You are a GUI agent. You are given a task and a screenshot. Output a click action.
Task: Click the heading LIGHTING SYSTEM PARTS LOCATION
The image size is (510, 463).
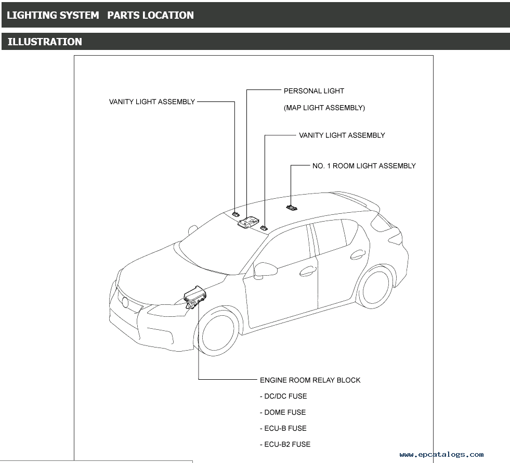pyautogui.click(x=100, y=15)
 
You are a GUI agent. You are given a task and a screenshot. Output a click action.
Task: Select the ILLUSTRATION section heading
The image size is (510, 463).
pyautogui.click(x=45, y=42)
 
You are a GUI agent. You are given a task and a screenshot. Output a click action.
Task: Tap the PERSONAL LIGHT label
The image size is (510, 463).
pyautogui.click(x=313, y=91)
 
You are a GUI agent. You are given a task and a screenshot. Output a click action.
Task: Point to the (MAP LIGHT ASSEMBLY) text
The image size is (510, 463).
pyautogui.click(x=324, y=108)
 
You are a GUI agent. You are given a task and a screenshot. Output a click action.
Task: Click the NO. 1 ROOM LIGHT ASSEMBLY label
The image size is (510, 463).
pyautogui.click(x=363, y=166)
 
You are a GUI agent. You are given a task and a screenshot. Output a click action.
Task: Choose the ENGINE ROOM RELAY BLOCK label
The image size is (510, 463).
pyautogui.click(x=310, y=380)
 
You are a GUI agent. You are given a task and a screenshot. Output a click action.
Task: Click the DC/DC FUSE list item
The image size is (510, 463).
pyautogui.click(x=283, y=396)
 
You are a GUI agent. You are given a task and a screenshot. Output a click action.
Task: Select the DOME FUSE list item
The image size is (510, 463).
pyautogui.click(x=283, y=412)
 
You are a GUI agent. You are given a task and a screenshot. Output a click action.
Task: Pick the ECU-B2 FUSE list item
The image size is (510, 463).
pyautogui.click(x=285, y=444)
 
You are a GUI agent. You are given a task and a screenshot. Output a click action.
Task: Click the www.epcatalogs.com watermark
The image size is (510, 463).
pyautogui.click(x=441, y=454)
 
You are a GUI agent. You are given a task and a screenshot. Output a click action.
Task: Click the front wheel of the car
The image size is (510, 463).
pyautogui.click(x=219, y=333)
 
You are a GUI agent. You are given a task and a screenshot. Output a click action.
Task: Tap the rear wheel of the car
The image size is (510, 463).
pyautogui.click(x=375, y=287)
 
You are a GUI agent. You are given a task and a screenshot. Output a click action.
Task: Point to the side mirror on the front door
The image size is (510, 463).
pyautogui.click(x=266, y=269)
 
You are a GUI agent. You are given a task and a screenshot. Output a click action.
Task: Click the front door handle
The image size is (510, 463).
pyautogui.click(x=307, y=271)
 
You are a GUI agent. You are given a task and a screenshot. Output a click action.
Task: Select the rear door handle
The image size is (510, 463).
pyautogui.click(x=358, y=254)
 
